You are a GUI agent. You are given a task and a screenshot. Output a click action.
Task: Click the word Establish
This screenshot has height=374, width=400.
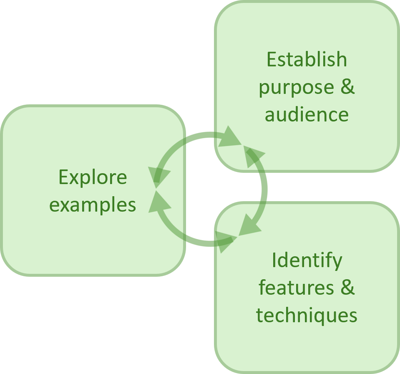click(307, 60)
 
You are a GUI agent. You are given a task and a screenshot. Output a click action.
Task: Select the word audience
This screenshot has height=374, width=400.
click(307, 114)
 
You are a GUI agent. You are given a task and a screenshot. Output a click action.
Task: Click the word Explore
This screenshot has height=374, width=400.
click(93, 177)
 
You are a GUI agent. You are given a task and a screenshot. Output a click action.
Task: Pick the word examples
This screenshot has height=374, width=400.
click(93, 205)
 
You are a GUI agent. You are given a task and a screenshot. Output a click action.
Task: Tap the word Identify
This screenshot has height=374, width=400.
click(307, 260)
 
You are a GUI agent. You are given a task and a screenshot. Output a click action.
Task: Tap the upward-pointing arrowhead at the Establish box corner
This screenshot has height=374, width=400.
click(254, 157)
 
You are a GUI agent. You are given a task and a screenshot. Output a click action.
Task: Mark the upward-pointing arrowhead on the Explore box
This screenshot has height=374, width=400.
click(159, 202)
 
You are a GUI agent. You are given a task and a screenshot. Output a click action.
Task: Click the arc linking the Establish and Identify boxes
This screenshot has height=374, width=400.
click(264, 190)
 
